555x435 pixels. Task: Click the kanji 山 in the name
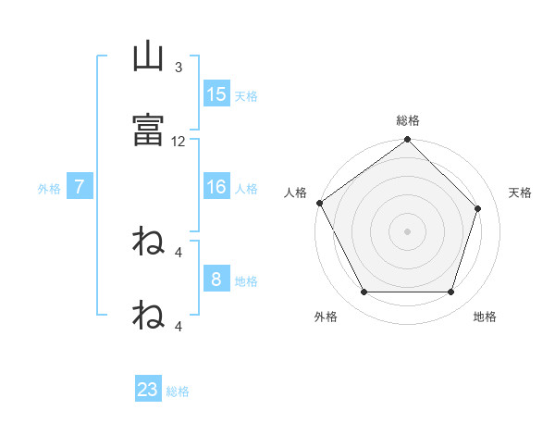tap(148, 58)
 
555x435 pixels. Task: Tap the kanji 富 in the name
tap(148, 130)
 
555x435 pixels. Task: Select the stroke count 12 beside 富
tap(179, 142)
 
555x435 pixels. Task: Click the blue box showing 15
tap(216, 94)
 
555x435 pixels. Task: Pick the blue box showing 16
tap(216, 187)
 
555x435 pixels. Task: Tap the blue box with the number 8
tap(216, 280)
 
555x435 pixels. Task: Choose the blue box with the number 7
tap(80, 187)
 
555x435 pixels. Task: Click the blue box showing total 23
tap(148, 390)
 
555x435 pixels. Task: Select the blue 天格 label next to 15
tap(246, 96)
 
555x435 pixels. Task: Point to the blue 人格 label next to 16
tap(246, 189)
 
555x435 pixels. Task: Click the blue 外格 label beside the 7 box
tap(49, 189)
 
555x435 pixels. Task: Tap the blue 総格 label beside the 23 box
tap(178, 391)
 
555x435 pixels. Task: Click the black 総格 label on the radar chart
tap(408, 120)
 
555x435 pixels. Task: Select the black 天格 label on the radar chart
tap(521, 193)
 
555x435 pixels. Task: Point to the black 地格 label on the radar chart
tap(485, 317)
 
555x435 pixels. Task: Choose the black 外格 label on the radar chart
tap(326, 317)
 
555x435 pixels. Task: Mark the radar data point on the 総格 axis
tap(408, 141)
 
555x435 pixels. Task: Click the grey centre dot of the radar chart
tap(408, 230)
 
